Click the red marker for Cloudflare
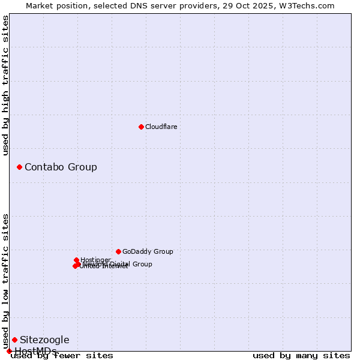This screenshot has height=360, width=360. pyautogui.click(x=141, y=127)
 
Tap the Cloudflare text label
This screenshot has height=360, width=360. pyautogui.click(x=161, y=127)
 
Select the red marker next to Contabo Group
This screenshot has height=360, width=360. pyautogui.click(x=19, y=167)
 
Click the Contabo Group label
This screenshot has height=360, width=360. pyautogui.click(x=61, y=167)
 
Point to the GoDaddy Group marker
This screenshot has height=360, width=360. pyautogui.click(x=118, y=251)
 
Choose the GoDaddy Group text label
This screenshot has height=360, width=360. pyautogui.click(x=148, y=251)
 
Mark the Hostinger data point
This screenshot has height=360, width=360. pyautogui.click(x=76, y=260)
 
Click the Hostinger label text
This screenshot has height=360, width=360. pyautogui.click(x=95, y=260)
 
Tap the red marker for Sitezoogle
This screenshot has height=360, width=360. pyautogui.click(x=14, y=340)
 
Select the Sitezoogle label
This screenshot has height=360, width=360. pyautogui.click(x=44, y=340)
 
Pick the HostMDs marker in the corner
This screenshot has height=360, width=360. pyautogui.click(x=9, y=351)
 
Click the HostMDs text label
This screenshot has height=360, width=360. pyautogui.click(x=35, y=351)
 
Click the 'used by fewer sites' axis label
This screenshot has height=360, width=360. pyautogui.click(x=62, y=355)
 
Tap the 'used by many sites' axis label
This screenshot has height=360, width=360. pyautogui.click(x=301, y=355)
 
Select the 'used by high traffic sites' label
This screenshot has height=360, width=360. pyautogui.click(x=5, y=85)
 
